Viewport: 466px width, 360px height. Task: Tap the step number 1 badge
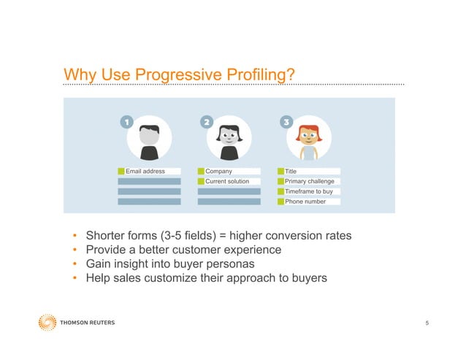(x=126, y=122)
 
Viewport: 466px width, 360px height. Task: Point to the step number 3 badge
(x=286, y=122)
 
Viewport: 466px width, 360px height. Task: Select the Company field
(x=229, y=172)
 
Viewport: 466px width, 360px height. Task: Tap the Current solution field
(x=229, y=181)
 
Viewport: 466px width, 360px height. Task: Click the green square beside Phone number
(x=280, y=202)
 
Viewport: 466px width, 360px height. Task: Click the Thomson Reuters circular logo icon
(x=47, y=322)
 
